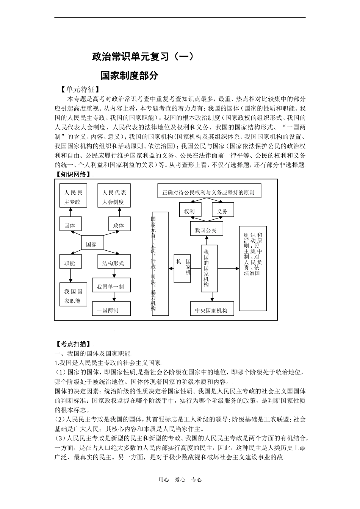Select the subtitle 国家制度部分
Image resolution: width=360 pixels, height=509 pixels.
(129, 75)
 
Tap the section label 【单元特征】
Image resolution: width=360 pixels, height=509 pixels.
(80, 90)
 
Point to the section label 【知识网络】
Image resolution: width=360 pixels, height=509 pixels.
(72, 174)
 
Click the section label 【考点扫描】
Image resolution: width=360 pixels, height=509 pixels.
(72, 344)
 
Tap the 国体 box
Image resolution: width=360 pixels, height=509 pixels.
(70, 225)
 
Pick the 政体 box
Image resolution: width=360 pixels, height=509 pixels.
(119, 225)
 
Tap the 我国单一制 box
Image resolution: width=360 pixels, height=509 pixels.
(111, 287)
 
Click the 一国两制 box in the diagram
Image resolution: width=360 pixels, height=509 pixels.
(111, 309)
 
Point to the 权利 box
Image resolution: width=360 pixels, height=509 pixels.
(189, 211)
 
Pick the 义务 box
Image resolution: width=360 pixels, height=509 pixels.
(222, 211)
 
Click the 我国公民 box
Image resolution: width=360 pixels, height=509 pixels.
(206, 230)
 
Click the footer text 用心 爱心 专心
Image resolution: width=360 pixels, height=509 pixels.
(180, 480)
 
